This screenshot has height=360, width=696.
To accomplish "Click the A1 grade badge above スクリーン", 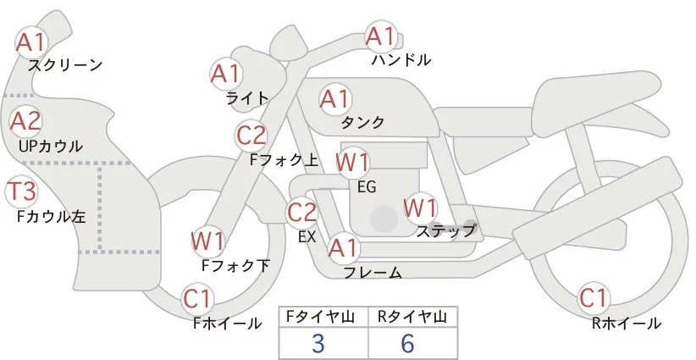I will tap(32, 41).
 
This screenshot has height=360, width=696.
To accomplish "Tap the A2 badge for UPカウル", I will tap(25, 121).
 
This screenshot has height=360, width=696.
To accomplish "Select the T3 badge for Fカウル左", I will tap(20, 191).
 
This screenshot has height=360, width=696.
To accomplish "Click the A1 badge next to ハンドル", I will tap(380, 36).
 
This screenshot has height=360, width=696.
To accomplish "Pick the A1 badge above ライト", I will tap(225, 74).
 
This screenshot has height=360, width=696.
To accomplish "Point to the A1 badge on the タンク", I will tap(334, 99).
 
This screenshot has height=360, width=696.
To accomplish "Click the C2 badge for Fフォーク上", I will tap(251, 135).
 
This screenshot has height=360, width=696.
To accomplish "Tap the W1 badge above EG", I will tap(352, 162).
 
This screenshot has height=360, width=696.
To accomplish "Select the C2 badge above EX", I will tap(302, 212).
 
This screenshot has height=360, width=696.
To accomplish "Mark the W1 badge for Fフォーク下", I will tap(207, 241).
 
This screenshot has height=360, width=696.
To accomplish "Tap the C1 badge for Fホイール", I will tap(200, 299).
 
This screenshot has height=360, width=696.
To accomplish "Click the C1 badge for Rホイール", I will tap(594, 299).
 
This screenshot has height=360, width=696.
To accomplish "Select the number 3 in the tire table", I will tap(318, 343).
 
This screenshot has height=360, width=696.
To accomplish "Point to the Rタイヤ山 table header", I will tap(412, 317).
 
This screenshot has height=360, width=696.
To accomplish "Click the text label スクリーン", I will tap(65, 64).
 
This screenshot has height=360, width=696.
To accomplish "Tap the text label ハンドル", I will tap(400, 60).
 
